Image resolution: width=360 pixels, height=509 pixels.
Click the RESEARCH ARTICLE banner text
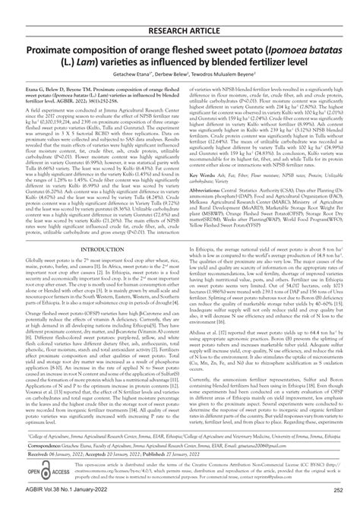[x=180, y=10]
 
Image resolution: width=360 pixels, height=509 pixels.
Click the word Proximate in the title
[x=58, y=32]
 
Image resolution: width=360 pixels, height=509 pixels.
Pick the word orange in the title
[x=153, y=32]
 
